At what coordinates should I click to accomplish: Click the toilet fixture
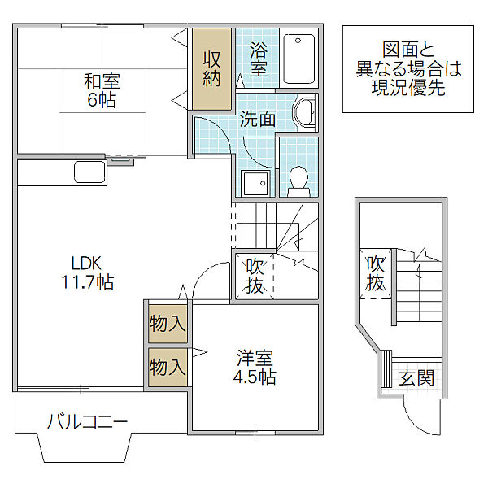[298, 181]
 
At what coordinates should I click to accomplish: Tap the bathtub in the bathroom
[298, 59]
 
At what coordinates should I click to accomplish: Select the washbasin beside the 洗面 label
[305, 112]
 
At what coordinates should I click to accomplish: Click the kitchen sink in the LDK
[89, 172]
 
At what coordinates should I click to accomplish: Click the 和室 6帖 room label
[102, 90]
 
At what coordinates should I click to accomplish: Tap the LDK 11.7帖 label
[87, 272]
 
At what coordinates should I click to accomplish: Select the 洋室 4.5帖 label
[255, 368]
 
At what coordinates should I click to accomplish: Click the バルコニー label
[88, 421]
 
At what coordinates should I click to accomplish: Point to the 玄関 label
[416, 378]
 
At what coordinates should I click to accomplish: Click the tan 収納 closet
[211, 69]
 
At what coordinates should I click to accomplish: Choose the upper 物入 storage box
[168, 324]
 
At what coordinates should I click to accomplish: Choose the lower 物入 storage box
[168, 368]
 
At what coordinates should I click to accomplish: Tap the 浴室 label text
[259, 59]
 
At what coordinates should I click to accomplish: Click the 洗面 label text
[258, 119]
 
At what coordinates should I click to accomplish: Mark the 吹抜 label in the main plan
[255, 277]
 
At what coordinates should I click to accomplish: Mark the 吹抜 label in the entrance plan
[376, 273]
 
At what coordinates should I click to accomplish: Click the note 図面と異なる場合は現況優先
[408, 69]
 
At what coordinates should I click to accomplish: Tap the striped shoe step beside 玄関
[386, 368]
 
